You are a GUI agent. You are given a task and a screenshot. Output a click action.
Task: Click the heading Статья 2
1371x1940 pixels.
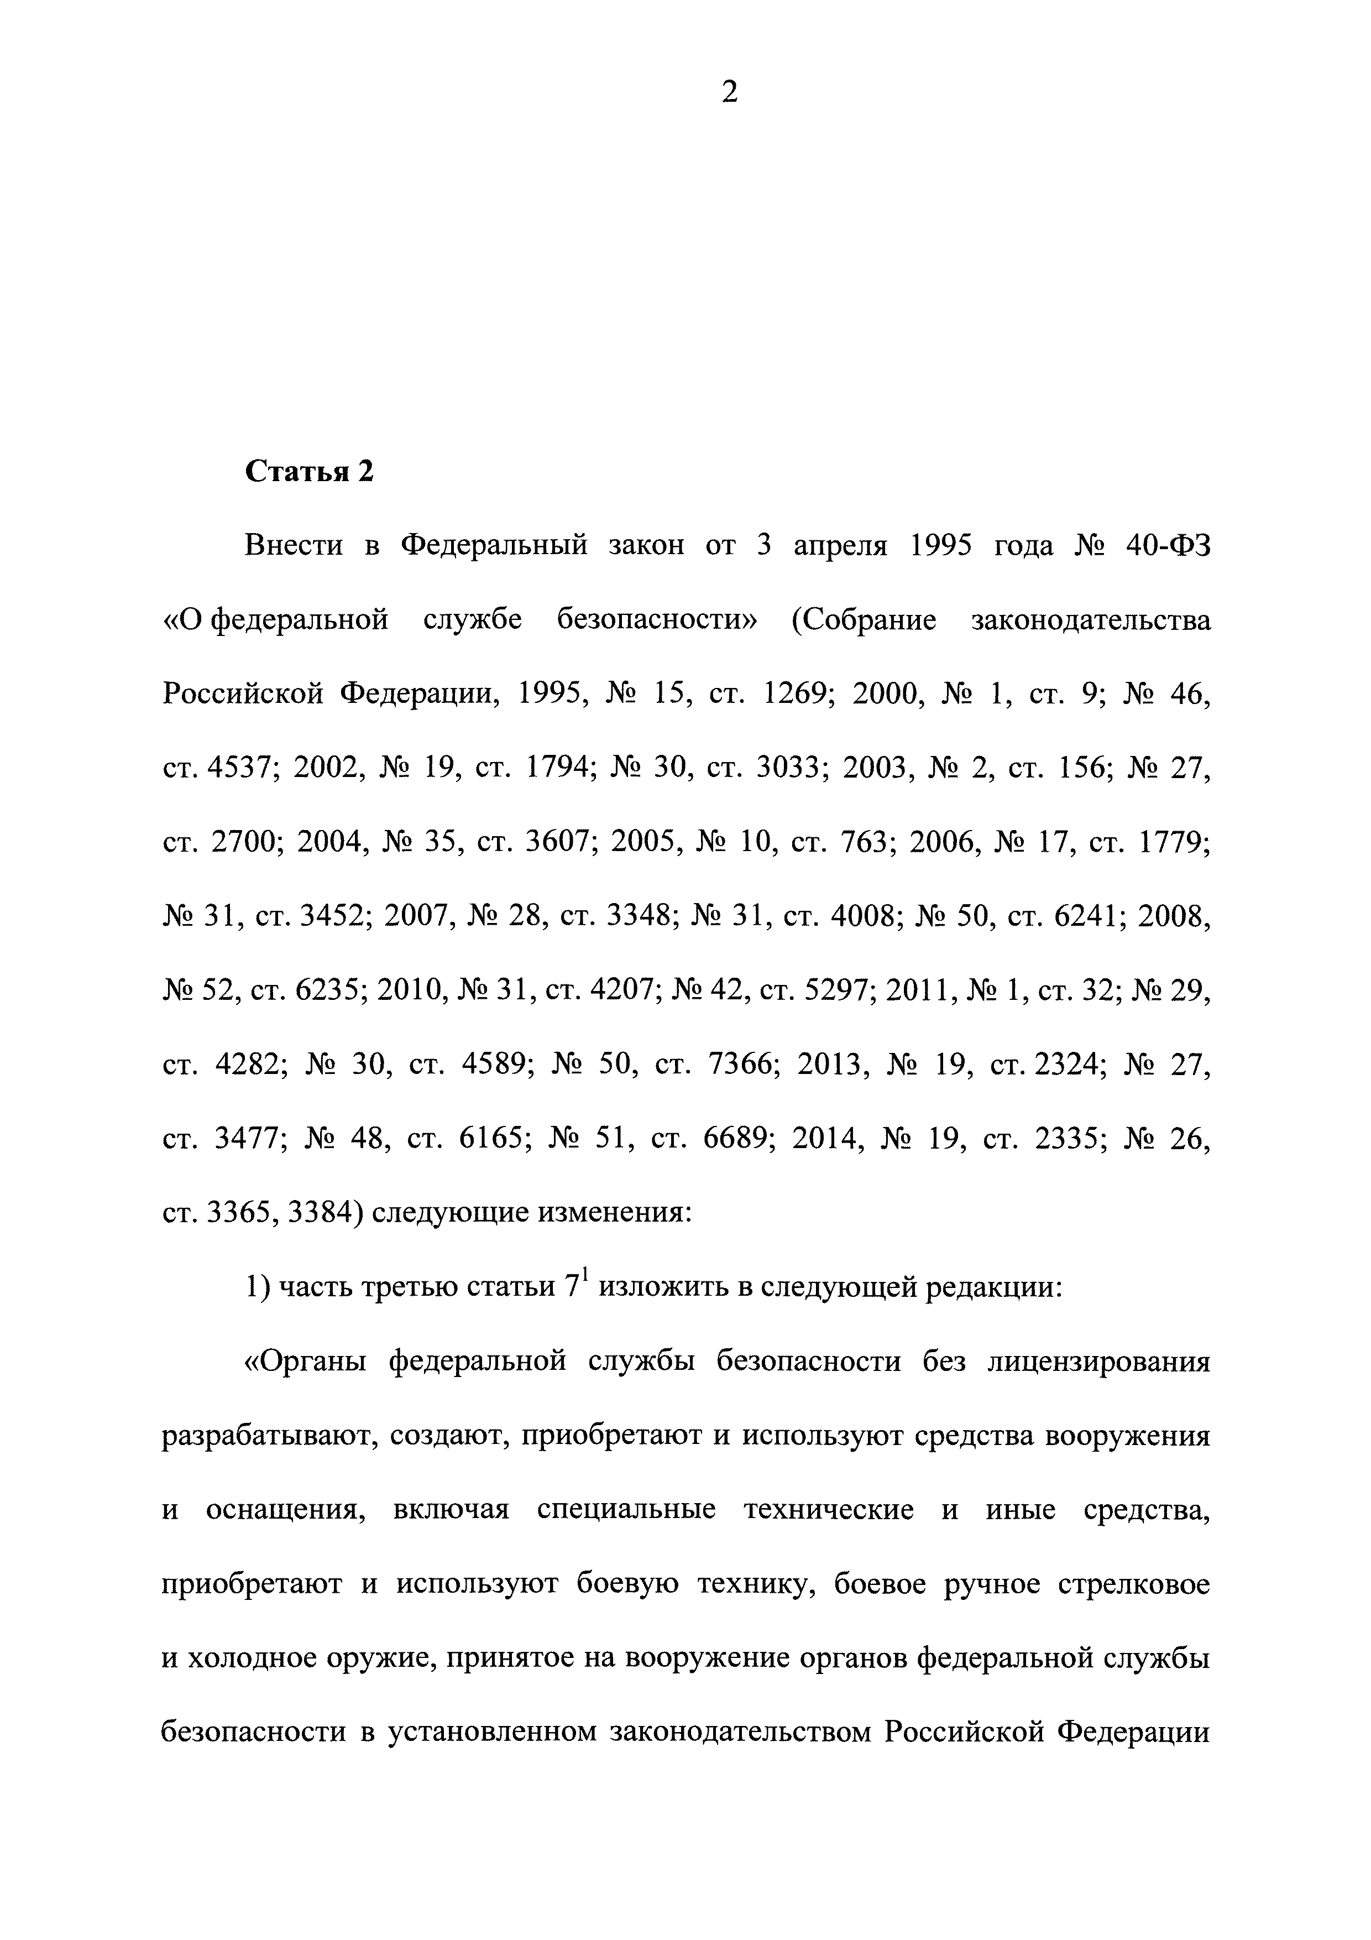(x=308, y=472)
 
